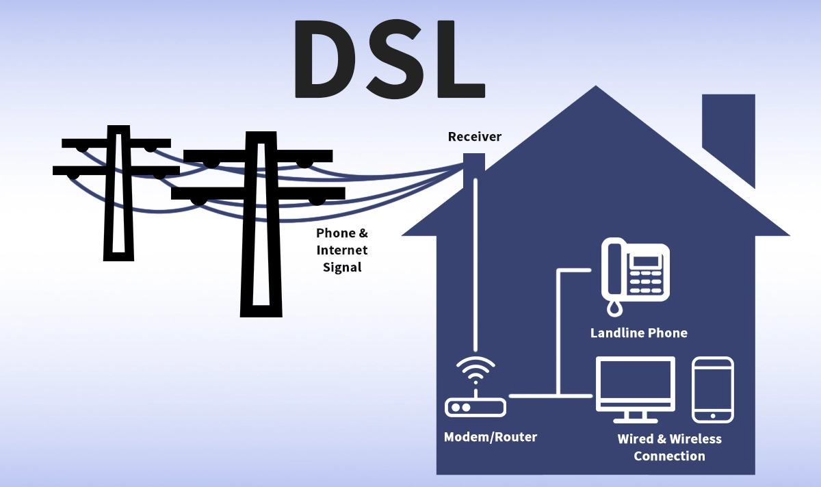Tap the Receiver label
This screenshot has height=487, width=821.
pos(474,137)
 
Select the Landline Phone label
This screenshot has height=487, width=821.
pos(638,333)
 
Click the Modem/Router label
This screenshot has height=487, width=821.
pos(491,436)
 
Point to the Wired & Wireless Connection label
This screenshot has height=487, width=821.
pos(669,447)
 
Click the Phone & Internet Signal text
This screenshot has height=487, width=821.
pos(342,250)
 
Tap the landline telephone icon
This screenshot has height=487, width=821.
pos(635,274)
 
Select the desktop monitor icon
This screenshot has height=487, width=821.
pos(636,386)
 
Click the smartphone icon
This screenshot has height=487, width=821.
pos(713,389)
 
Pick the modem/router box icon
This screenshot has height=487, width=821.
pos(475,408)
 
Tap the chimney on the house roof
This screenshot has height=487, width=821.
pos(728,137)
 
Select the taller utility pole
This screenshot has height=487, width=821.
pos(261,226)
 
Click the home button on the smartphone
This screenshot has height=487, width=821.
pos(713,415)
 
